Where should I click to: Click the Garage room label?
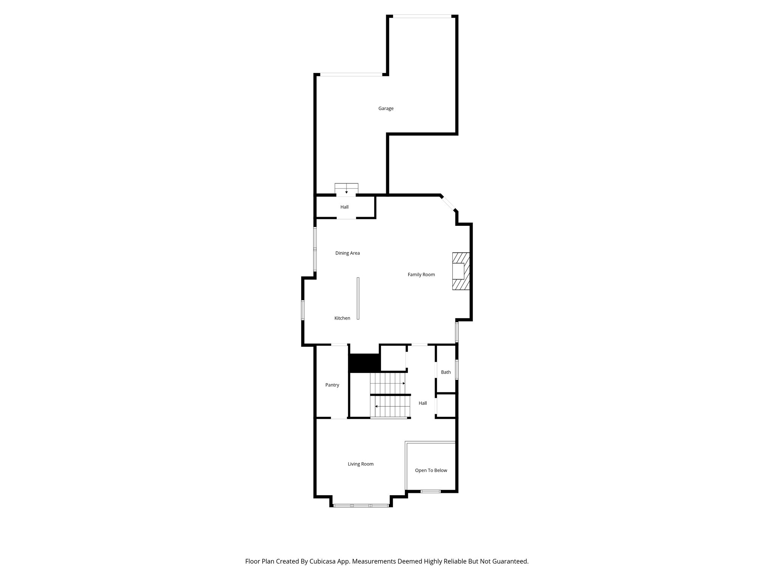tap(386, 109)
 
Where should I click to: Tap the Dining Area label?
tap(347, 253)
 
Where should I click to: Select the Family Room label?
tap(421, 275)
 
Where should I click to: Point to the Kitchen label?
tap(342, 318)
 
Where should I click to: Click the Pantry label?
tap(332, 385)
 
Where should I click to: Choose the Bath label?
tap(446, 372)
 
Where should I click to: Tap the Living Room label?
tap(361, 464)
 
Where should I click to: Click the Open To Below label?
tap(431, 471)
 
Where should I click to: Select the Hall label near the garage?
tap(344, 207)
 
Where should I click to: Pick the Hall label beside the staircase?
tap(423, 403)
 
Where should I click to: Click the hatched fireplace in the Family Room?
tap(461, 271)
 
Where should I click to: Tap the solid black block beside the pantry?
tap(364, 363)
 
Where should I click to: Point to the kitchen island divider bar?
tap(358, 298)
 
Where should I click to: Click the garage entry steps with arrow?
tap(346, 189)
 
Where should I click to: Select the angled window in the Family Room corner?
tap(449, 203)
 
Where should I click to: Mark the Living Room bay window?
tap(361, 505)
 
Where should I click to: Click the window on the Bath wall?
tap(457, 370)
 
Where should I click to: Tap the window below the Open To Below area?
tap(431, 491)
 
